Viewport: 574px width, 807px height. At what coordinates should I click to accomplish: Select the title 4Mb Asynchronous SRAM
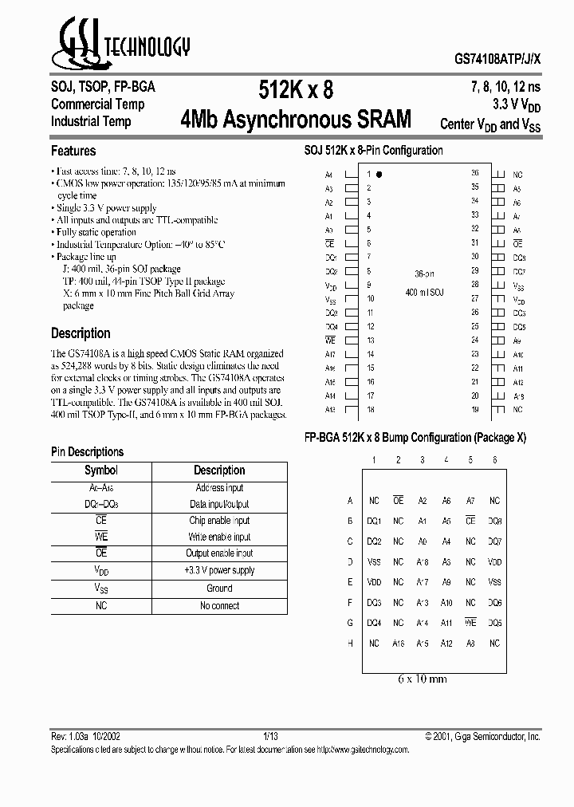pos(297,120)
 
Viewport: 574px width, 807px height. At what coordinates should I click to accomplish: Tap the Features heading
pos(73,151)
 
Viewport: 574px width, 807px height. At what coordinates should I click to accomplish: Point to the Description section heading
pos(81,333)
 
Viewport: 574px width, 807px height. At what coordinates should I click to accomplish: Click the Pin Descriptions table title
pos(88,452)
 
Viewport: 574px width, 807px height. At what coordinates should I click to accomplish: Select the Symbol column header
pos(101,470)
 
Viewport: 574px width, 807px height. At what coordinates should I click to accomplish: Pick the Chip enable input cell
pos(219,521)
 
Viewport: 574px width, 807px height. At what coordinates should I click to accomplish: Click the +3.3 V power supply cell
pos(219,571)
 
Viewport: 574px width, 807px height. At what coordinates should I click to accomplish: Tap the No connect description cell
pos(219,606)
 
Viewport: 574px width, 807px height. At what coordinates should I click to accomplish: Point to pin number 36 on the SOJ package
pos(474,173)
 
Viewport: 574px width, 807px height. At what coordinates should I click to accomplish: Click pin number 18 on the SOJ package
pos(370,409)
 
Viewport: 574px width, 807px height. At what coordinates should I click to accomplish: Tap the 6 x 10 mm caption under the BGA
pos(422,679)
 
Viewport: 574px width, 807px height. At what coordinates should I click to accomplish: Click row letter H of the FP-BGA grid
pos(349,644)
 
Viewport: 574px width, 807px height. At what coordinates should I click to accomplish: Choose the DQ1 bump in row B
pos(374,521)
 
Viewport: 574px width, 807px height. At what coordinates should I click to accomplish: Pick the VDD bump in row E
pos(374,582)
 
